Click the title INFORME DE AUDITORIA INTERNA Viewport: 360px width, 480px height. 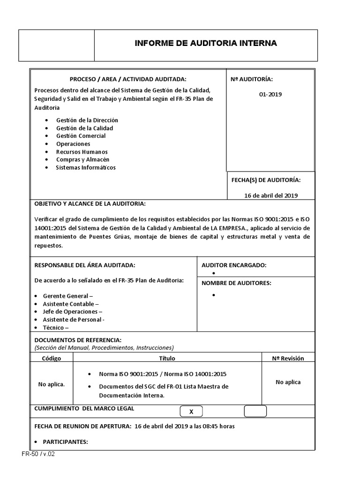tap(206, 44)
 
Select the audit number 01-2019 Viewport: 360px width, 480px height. tap(270, 94)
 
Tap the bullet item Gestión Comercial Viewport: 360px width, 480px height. tap(81, 136)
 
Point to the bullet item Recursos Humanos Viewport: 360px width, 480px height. tap(82, 152)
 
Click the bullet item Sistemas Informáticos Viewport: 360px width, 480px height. tap(85, 167)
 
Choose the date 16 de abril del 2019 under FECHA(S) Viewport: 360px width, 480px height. tap(271, 195)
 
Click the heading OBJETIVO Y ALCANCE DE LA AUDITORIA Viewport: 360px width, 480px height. tap(90, 204)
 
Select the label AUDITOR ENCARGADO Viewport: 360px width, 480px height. tap(234, 265)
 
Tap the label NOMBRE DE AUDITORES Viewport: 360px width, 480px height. tap(236, 283)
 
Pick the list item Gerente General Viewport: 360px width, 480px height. tap(68, 296)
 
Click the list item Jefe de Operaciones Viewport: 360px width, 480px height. tap(72, 312)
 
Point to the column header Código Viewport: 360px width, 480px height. tap(52, 358)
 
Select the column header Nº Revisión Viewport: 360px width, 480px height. tap(288, 358)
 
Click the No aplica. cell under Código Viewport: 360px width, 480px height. tap(52, 384)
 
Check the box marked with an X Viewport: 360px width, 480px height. tap(191, 412)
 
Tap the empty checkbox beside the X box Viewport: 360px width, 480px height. tap(255, 411)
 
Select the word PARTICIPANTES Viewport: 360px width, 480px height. tap(65, 442)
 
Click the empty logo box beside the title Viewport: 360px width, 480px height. tap(56, 45)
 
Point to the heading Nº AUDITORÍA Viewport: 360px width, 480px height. tap(251, 80)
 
